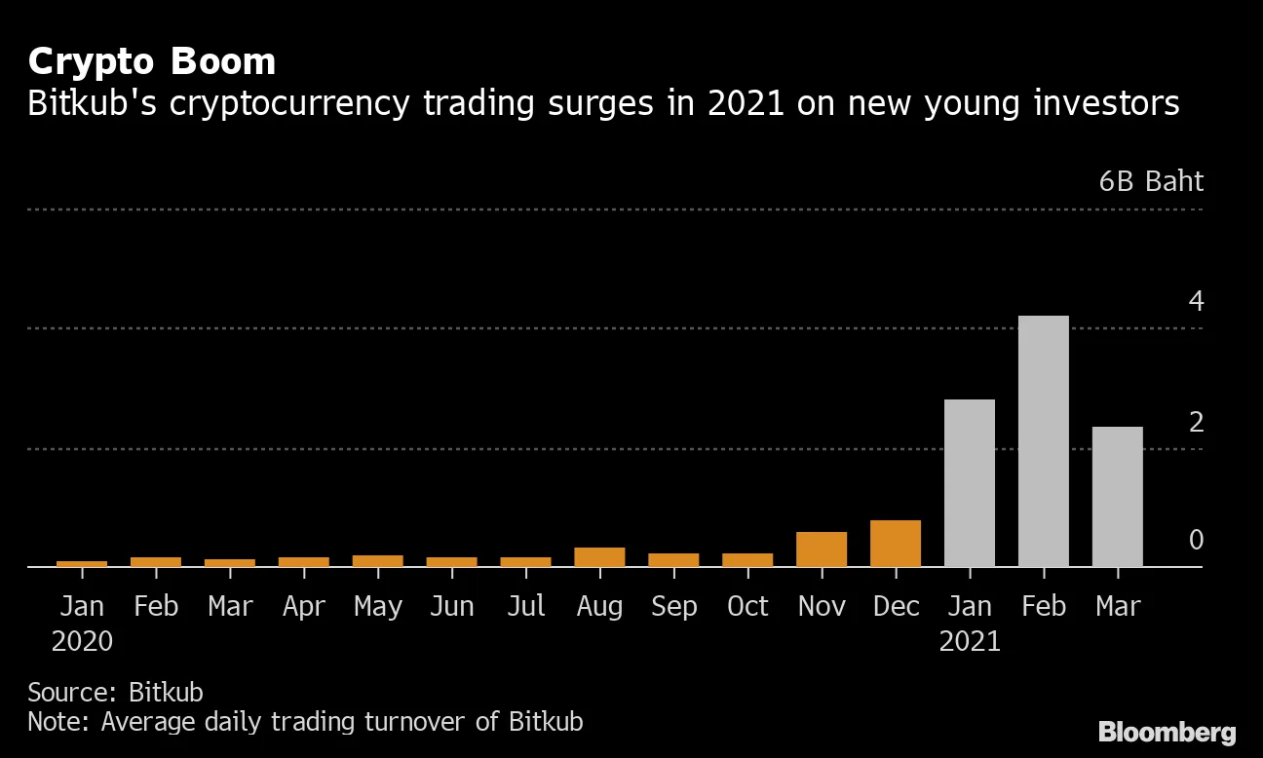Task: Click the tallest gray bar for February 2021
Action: pyautogui.click(x=1043, y=440)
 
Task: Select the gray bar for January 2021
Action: pyautogui.click(x=969, y=482)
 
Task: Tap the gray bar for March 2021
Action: pyautogui.click(x=1117, y=496)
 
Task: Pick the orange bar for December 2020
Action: pyautogui.click(x=895, y=543)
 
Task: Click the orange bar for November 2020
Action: pyautogui.click(x=821, y=549)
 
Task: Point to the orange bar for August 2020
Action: pyautogui.click(x=599, y=556)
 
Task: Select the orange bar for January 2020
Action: pyautogui.click(x=82, y=563)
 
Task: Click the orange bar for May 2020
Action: pyautogui.click(x=377, y=560)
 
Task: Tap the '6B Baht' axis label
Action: pyautogui.click(x=1151, y=182)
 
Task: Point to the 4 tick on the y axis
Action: pyautogui.click(x=1196, y=301)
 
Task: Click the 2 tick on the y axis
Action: pyautogui.click(x=1196, y=422)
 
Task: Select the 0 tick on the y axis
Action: pyautogui.click(x=1196, y=540)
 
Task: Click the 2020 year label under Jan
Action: pyautogui.click(x=82, y=641)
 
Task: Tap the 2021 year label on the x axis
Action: pyautogui.click(x=969, y=641)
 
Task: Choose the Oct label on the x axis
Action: pyautogui.click(x=747, y=606)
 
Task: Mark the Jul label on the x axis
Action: pyautogui.click(x=525, y=606)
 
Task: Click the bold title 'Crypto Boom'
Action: pyautogui.click(x=151, y=61)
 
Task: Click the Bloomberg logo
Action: pyautogui.click(x=1167, y=732)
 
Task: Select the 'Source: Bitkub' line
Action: pyautogui.click(x=115, y=692)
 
